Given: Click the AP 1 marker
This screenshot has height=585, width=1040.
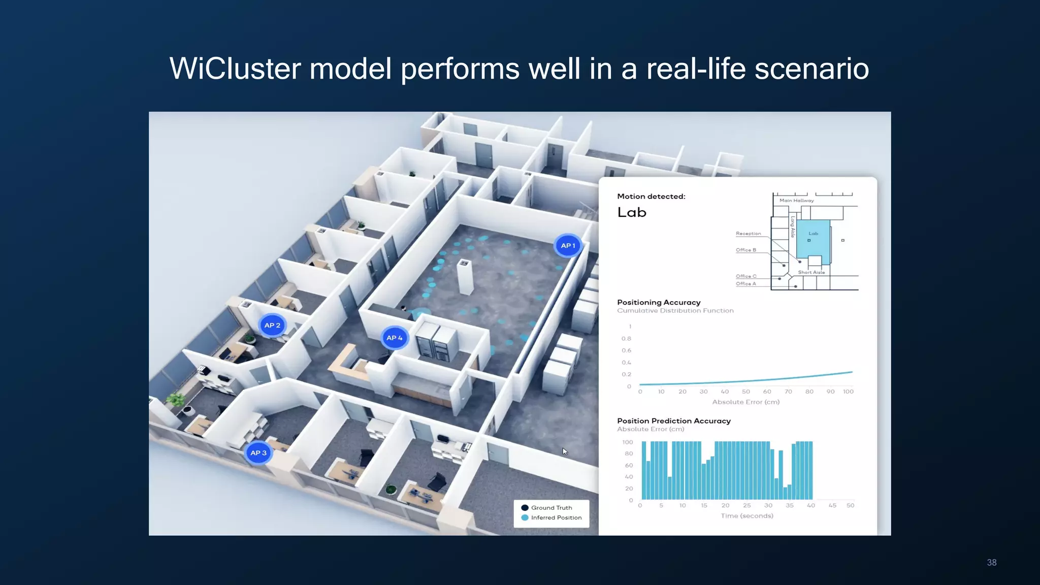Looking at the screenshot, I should coord(568,246).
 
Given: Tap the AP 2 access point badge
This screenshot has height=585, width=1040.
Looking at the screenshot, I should coord(272,326).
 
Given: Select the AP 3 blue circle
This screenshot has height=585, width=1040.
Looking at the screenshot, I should coord(258,453).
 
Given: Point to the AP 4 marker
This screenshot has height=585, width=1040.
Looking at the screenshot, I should coord(395,338).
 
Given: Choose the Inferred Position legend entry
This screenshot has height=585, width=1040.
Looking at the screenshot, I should coord(551,517).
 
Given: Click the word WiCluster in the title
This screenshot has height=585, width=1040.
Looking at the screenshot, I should coord(235,69).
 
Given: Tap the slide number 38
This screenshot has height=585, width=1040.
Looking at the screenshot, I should coord(991,563).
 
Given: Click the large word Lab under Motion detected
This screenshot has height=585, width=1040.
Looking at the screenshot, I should coord(632,213).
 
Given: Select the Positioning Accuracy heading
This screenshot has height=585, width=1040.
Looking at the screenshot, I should coord(659,302).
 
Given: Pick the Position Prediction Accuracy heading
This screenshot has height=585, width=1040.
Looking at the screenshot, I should coord(674,421).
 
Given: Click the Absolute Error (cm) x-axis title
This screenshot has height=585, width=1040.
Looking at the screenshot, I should coord(745,402).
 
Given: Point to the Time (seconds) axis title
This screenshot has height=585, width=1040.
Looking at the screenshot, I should coord(747,516).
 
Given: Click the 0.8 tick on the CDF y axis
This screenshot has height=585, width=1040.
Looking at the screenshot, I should coord(627,339).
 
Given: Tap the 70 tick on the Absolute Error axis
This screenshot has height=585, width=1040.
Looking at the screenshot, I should coord(788,392).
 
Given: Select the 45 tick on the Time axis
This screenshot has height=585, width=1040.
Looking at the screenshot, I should coord(832,505).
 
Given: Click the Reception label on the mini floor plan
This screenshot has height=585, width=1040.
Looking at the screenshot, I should coord(749,234).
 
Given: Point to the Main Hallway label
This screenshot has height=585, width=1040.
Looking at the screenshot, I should coord(797,201).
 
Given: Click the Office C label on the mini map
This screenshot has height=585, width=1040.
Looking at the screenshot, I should coord(746,276).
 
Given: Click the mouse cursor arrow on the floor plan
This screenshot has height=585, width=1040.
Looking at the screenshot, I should coord(565,451).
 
